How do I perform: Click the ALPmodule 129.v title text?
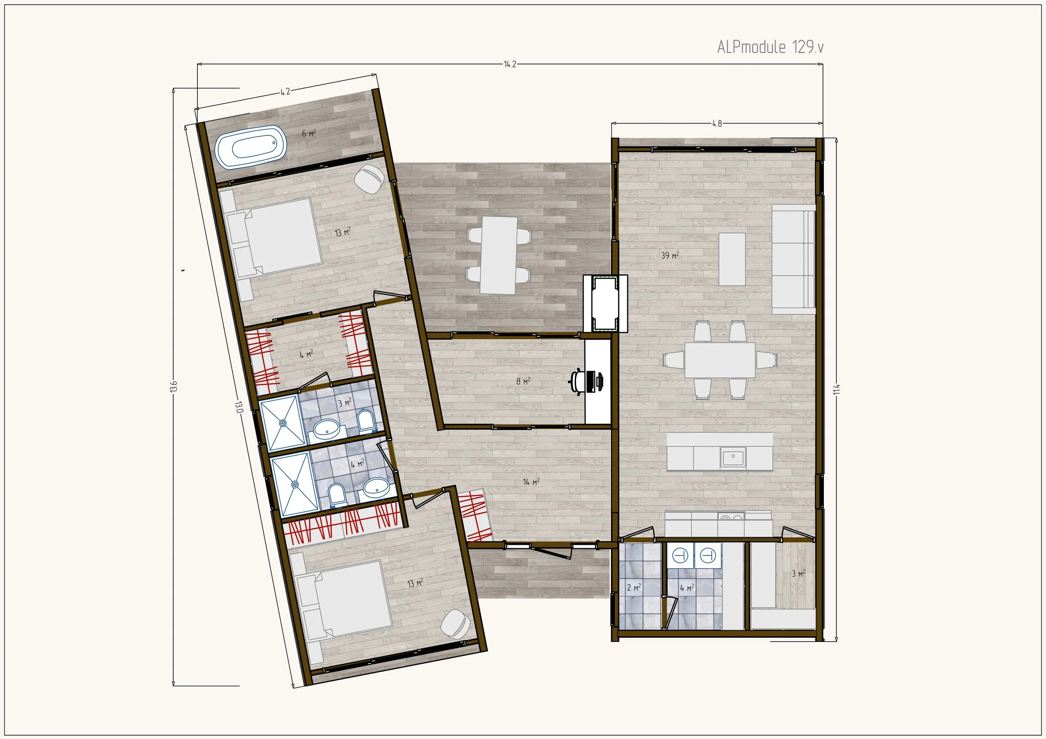pos(770,47)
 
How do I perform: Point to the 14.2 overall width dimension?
pos(510,64)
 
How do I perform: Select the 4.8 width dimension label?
pos(717,123)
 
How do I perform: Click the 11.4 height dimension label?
pos(836,389)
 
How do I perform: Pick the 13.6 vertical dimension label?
pos(174,386)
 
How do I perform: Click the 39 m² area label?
pos(670,256)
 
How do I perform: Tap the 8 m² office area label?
pos(523,381)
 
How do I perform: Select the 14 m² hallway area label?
pos(531,481)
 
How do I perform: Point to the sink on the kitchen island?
pos(733,457)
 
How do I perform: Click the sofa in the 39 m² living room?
pos(793,258)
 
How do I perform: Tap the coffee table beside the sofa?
pos(732,259)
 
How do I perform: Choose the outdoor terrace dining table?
pos(499,255)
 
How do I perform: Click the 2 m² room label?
pos(634,587)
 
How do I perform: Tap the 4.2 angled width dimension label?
pos(285,92)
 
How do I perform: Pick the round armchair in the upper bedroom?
pos(369,179)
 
